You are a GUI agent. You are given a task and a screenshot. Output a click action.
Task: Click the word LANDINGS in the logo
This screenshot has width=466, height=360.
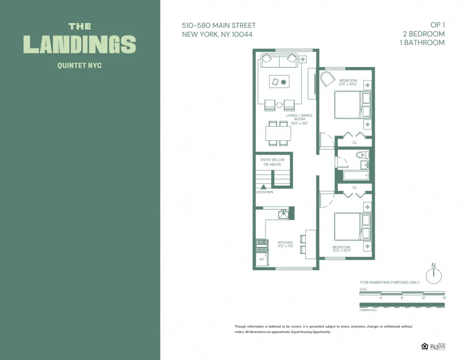tap(80, 44)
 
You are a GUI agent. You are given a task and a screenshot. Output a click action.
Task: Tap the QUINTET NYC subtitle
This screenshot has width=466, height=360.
tap(80, 66)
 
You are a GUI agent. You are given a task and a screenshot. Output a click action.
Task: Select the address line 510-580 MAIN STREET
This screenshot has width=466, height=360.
tap(219, 26)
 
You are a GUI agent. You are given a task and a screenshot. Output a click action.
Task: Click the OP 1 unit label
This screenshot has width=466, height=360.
tap(437, 25)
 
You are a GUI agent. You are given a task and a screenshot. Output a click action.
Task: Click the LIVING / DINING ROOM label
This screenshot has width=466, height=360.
tap(299, 117)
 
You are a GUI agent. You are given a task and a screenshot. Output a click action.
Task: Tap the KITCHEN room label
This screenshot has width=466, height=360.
tap(285, 243)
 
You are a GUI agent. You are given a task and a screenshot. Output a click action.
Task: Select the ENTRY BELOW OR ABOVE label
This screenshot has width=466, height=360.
tap(273, 162)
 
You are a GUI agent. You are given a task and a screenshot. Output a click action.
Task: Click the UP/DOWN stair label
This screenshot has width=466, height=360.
tap(264, 192)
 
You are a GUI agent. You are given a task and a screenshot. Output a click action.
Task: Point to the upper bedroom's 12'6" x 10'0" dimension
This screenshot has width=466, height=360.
tap(348, 85)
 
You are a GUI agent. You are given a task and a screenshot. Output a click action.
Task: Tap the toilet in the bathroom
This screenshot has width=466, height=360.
tap(361, 155)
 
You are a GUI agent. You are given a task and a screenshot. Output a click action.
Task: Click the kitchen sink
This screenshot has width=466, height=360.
tap(283, 214)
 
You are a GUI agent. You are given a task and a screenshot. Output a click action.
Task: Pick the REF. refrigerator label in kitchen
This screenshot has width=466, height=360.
tap(261, 259)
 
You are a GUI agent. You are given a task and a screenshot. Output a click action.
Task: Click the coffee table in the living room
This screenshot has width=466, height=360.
tap(279, 82)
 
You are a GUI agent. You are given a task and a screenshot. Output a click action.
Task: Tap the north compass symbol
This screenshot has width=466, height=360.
tap(433, 275)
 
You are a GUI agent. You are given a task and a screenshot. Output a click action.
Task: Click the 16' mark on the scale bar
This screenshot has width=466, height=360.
tap(444, 298)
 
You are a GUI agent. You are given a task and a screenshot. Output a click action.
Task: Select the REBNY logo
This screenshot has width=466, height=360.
tap(437, 346)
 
